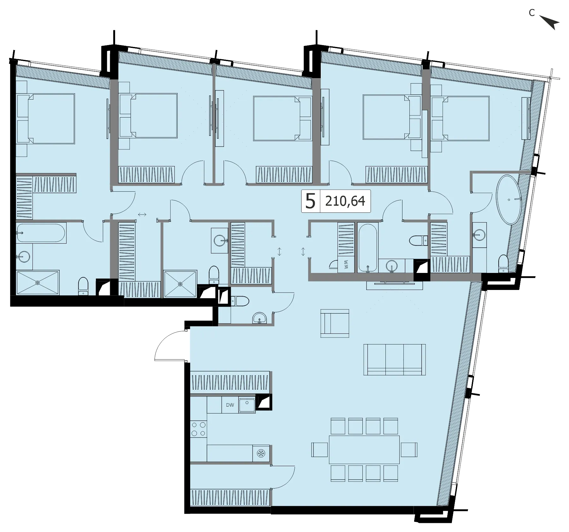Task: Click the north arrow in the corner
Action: pyautogui.click(x=550, y=22)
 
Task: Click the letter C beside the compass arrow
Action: pyautogui.click(x=532, y=13)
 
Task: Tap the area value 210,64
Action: pyautogui.click(x=345, y=201)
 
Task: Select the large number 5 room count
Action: pyautogui.click(x=310, y=201)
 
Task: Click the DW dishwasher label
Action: pyautogui.click(x=230, y=405)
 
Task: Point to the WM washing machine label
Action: pyautogui.click(x=346, y=264)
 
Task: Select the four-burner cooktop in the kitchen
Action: pyautogui.click(x=198, y=429)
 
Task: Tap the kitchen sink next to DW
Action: pyautogui.click(x=247, y=405)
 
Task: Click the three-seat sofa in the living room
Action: pyautogui.click(x=395, y=360)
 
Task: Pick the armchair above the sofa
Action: pyautogui.click(x=335, y=323)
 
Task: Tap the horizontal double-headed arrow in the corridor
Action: pyautogui.click(x=142, y=215)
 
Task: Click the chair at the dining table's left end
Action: pyautogui.click(x=320, y=450)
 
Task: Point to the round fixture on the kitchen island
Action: pyautogui.click(x=261, y=454)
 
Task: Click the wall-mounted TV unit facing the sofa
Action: pyautogui.click(x=394, y=285)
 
